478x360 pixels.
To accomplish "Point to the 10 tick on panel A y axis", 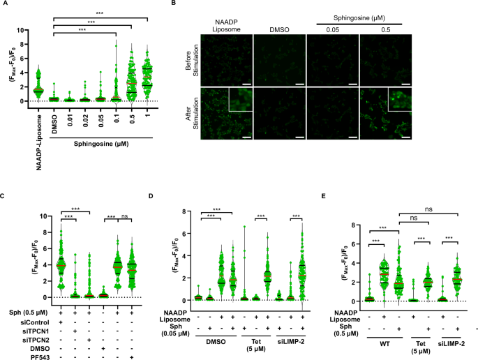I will pyautogui.click(x=24, y=31).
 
